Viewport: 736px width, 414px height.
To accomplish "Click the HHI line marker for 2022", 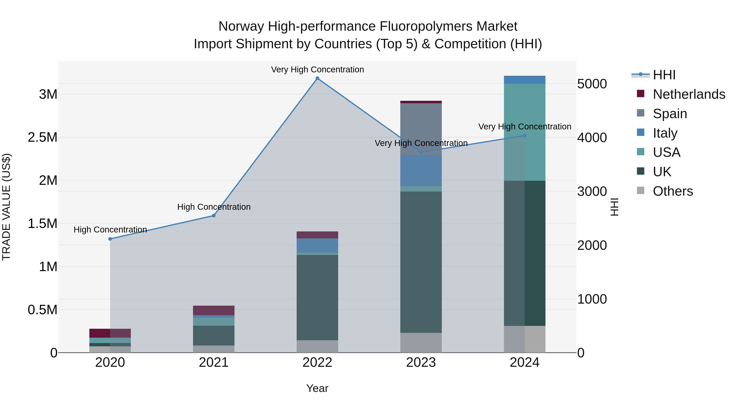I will tap(317, 78).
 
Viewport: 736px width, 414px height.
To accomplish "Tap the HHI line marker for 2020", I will tap(110, 239).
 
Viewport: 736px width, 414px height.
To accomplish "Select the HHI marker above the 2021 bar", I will tap(213, 216).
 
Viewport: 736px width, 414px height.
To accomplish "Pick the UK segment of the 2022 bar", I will tap(317, 297).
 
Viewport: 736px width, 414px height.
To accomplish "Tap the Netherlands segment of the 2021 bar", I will tap(213, 310).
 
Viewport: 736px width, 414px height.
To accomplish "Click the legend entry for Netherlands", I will tap(689, 94).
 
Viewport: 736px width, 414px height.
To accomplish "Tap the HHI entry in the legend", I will tap(664, 75).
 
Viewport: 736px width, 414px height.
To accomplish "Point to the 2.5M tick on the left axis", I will tap(42, 137).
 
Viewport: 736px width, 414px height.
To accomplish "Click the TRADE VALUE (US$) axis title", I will tap(6, 207).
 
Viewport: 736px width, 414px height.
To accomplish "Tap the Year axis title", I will tap(317, 388).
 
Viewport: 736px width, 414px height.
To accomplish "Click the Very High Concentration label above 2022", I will tap(317, 70).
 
